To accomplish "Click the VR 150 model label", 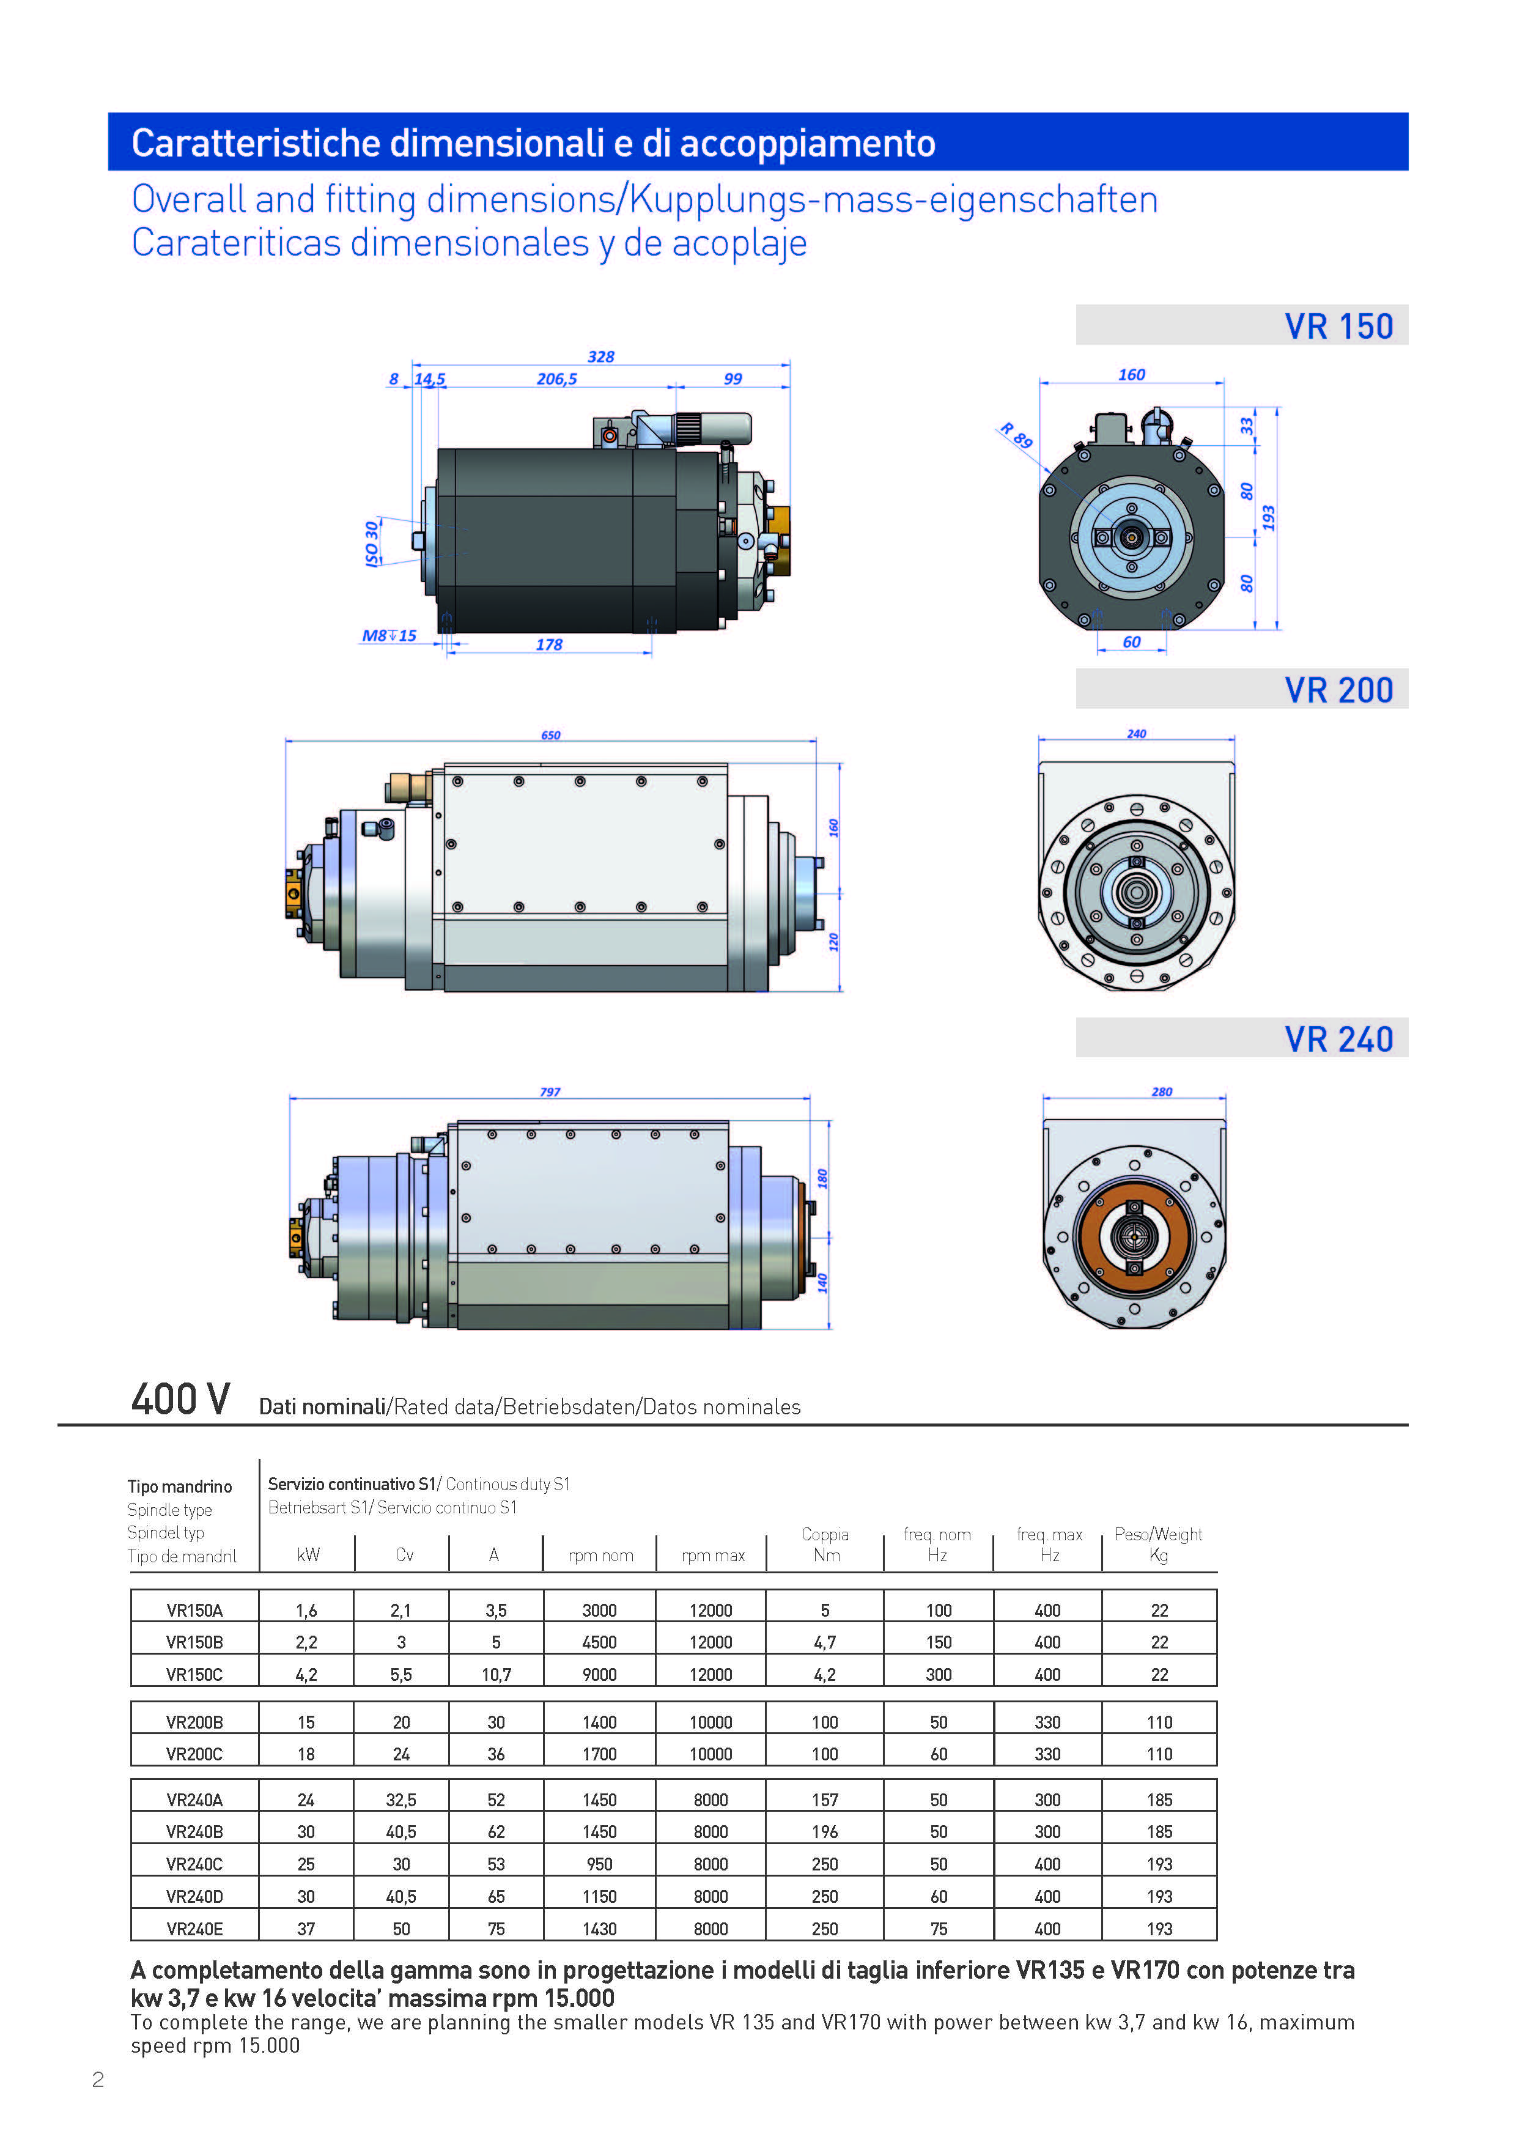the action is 1338,326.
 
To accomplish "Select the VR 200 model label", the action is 1338,690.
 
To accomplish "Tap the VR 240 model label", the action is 1338,1039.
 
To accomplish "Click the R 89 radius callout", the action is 1016,435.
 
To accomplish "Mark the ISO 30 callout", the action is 372,544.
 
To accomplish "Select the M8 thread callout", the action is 389,635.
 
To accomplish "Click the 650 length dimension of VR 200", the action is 551,735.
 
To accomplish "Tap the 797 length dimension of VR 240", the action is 550,1091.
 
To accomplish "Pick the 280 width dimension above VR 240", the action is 1161,1091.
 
